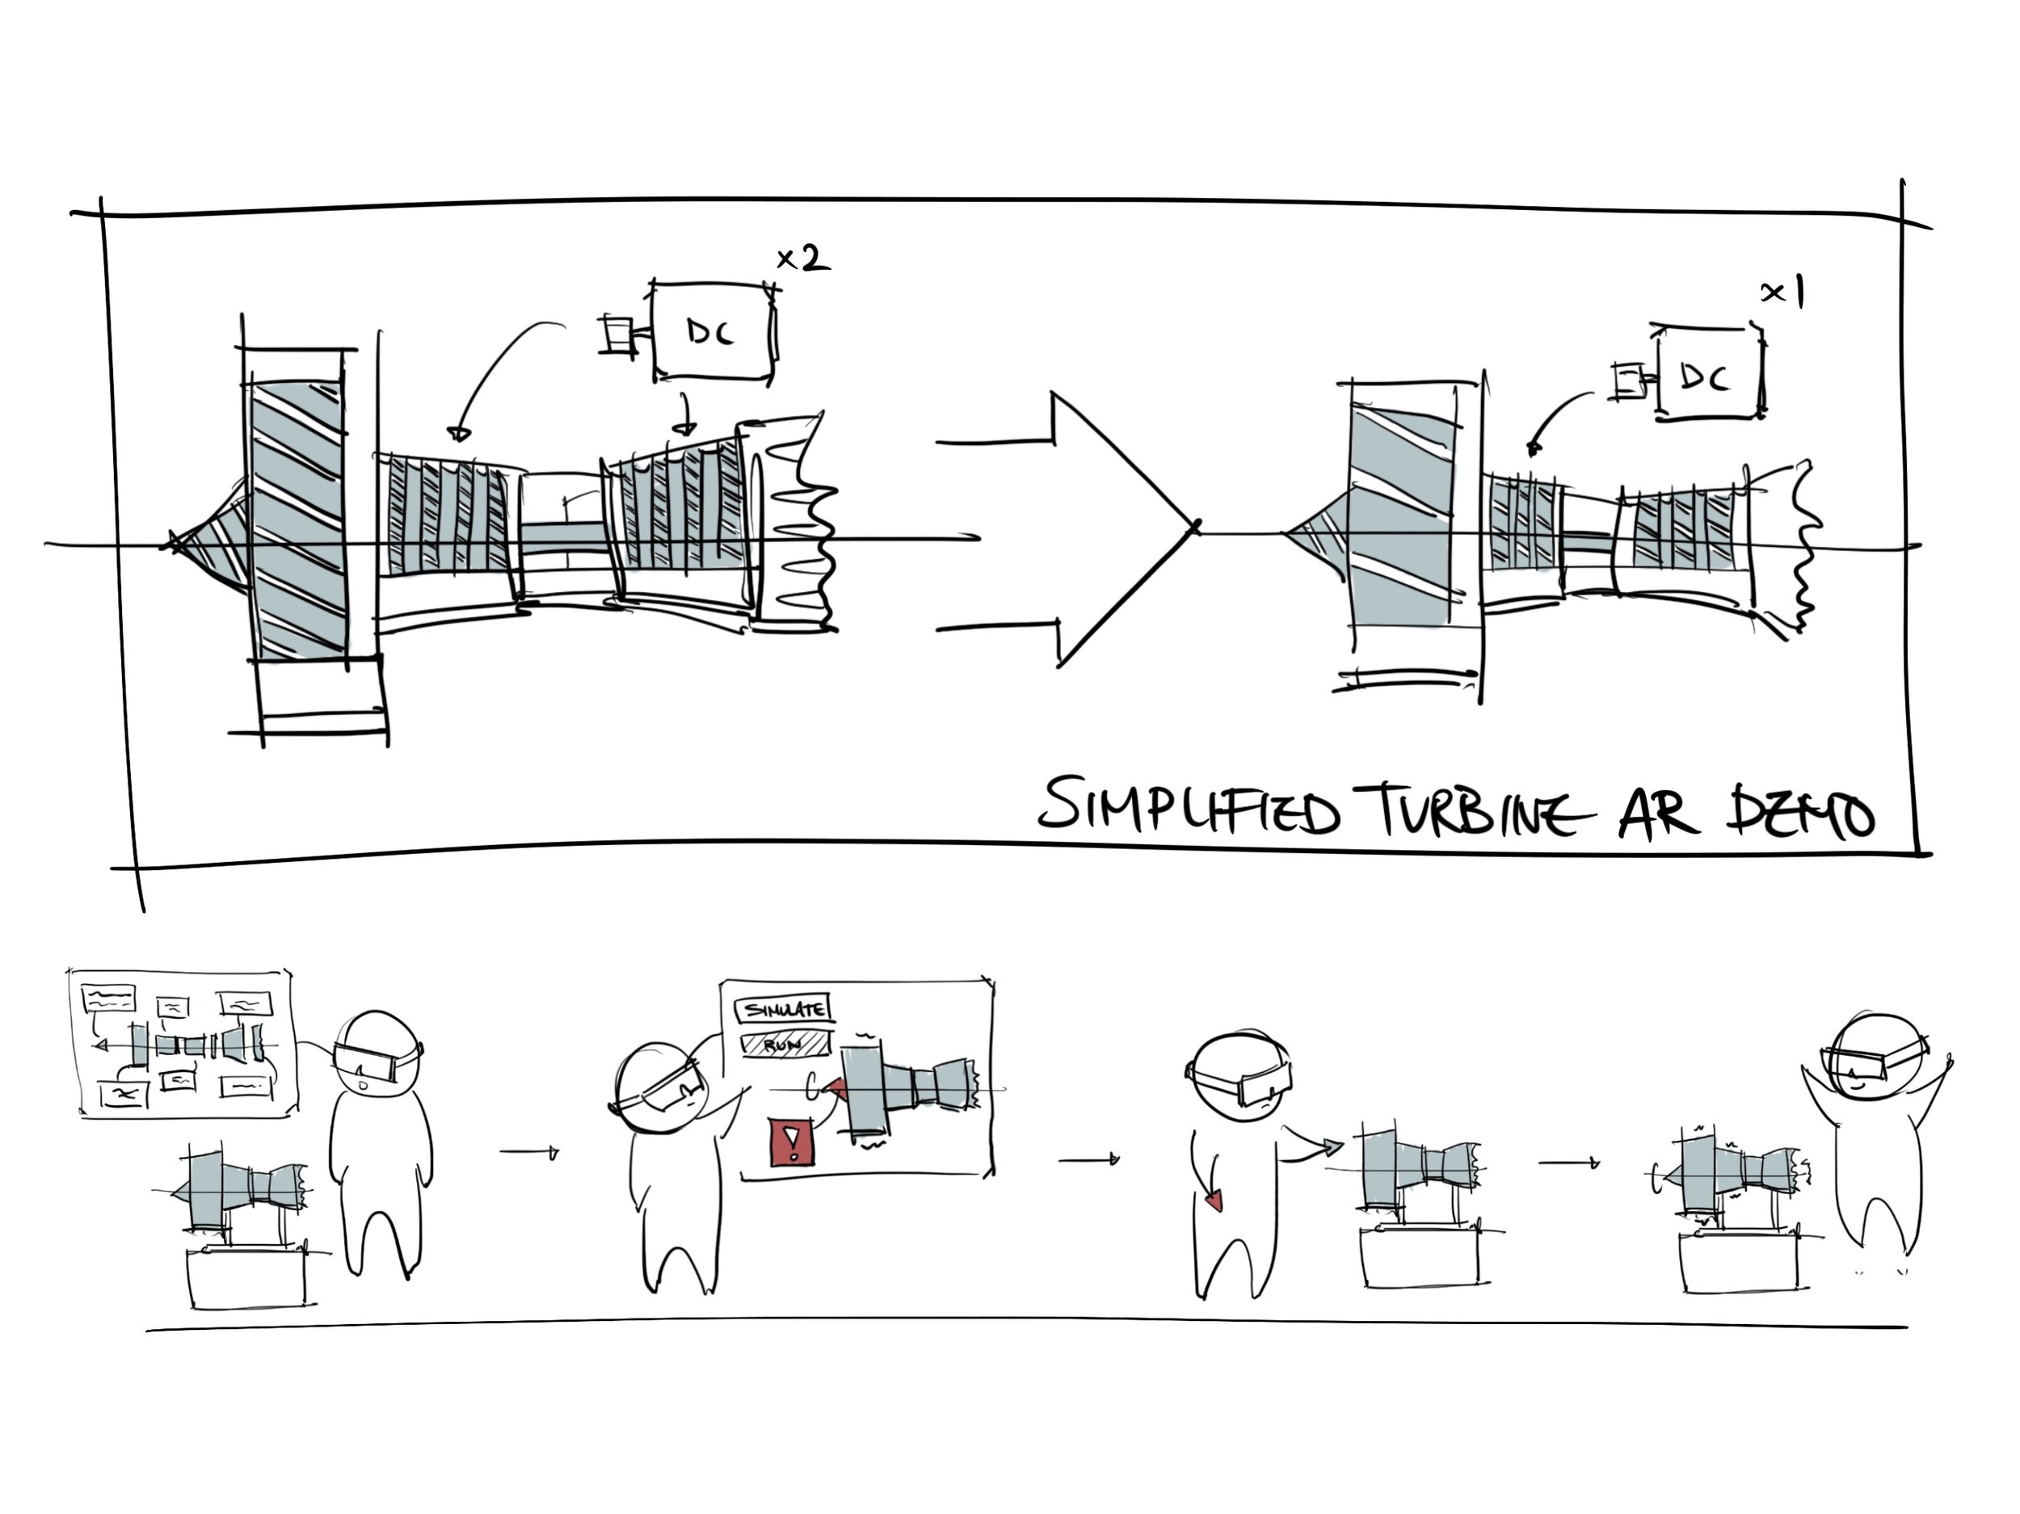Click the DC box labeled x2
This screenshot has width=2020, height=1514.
point(713,331)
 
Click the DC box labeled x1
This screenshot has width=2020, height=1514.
point(1707,374)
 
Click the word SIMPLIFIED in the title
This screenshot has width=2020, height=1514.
point(1187,807)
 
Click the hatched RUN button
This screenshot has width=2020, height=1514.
point(785,1043)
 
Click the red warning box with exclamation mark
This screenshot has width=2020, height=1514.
point(791,1142)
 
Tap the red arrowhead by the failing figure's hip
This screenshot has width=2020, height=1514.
point(1214,1201)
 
